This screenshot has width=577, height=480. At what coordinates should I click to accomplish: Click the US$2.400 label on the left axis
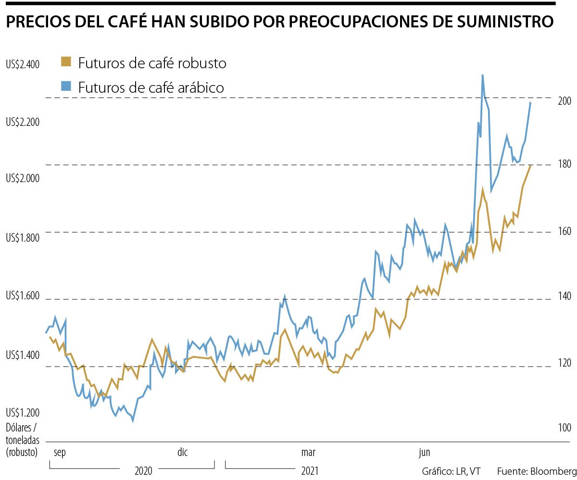coord(23,64)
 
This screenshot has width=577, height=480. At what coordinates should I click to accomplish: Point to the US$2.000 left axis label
coord(23,178)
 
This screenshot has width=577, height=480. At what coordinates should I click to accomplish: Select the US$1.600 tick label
coord(23,296)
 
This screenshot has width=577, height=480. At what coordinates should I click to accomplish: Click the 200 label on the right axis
coord(564,101)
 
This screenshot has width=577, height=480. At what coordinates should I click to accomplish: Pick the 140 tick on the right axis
coord(564,296)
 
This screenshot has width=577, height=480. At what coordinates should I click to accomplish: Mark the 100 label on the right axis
coord(564,428)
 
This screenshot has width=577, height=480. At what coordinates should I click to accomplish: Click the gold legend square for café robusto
coord(66,62)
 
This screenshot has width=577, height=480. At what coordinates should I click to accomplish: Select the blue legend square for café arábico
coord(66,86)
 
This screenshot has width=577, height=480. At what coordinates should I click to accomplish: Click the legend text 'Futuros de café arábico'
coord(151,87)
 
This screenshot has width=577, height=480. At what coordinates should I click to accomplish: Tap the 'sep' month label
coord(60,452)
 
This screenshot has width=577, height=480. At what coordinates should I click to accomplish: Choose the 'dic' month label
coord(183,452)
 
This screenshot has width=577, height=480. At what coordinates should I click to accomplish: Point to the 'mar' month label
coord(308,452)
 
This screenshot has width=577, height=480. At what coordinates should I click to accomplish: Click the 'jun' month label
coord(424,452)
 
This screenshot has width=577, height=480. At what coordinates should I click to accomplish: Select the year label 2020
coord(143,470)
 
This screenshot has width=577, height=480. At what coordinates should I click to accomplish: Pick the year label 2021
coord(310,470)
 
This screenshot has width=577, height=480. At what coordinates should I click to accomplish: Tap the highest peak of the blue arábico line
coord(482,75)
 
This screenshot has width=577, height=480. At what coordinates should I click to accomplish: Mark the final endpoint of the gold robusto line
coord(530,166)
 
